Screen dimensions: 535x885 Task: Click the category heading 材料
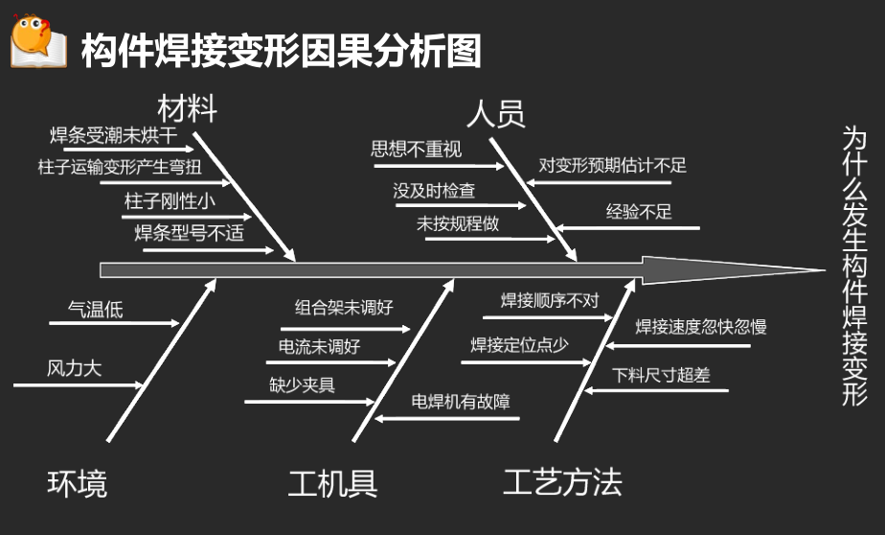click(x=188, y=108)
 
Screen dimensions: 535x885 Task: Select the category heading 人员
click(x=496, y=114)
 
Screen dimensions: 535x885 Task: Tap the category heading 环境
click(x=78, y=483)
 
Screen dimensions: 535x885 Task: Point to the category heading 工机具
click(x=332, y=483)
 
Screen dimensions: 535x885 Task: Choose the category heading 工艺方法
click(x=562, y=481)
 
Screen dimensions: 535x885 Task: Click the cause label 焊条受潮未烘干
click(x=113, y=134)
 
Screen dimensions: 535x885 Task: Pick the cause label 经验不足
click(x=639, y=212)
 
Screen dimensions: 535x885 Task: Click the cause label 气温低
click(x=95, y=309)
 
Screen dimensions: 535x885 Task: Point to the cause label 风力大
click(x=74, y=368)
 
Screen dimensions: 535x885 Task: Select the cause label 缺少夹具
click(x=302, y=384)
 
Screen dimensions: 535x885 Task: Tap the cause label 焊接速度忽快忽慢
click(x=700, y=327)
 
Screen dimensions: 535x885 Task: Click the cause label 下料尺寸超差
click(x=661, y=375)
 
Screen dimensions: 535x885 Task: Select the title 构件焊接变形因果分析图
click(x=281, y=50)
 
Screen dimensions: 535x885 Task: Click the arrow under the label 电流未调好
click(x=331, y=362)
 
